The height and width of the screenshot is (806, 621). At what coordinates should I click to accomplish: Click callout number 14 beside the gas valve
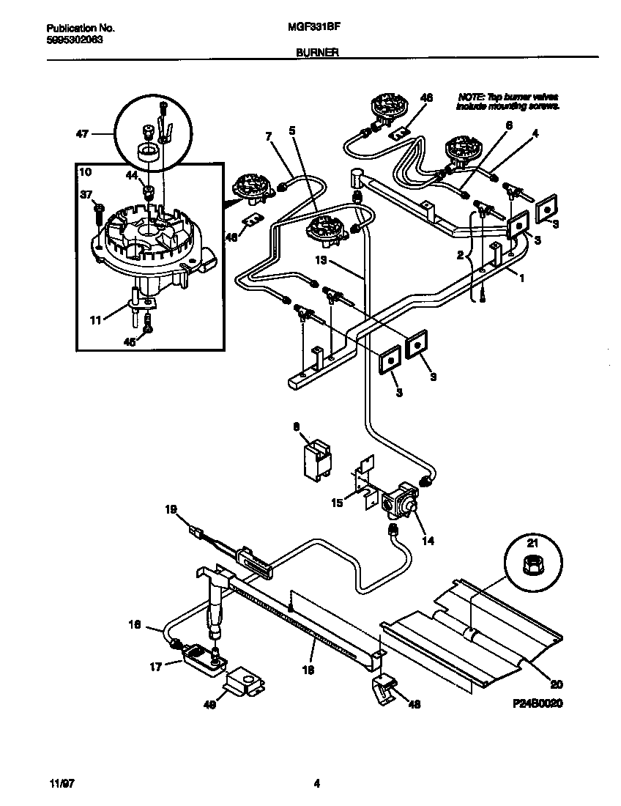[x=428, y=541]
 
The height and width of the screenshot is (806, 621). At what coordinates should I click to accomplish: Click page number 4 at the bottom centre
[x=316, y=783]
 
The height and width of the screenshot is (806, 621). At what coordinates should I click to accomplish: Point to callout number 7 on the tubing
[x=268, y=136]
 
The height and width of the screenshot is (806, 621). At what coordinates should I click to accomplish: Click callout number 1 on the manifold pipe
[x=522, y=279]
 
